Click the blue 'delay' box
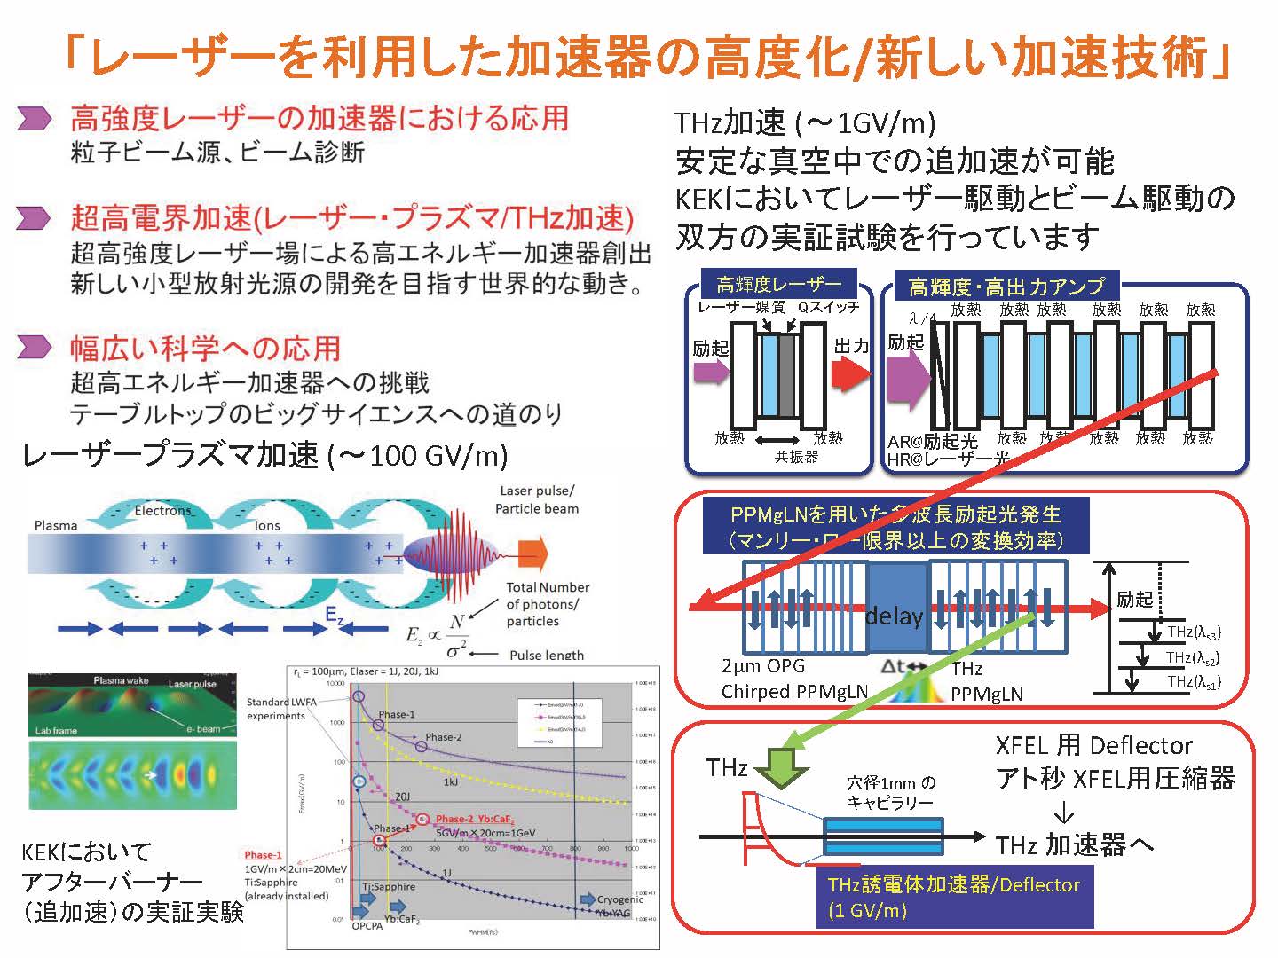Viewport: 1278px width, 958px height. [x=894, y=614]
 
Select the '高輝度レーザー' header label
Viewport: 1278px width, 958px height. [x=778, y=285]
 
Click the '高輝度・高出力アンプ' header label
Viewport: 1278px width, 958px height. [x=1006, y=287]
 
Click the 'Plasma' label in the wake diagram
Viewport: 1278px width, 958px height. [x=56, y=525]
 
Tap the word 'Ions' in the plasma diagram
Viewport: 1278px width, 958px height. [x=267, y=525]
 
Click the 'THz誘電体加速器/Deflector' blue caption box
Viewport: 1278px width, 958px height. [x=953, y=897]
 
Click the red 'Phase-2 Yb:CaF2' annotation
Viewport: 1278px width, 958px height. [x=475, y=819]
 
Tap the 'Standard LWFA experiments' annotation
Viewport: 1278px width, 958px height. [x=275, y=709]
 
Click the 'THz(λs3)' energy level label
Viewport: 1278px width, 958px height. [x=1194, y=632]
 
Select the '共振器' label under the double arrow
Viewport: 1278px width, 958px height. [x=796, y=457]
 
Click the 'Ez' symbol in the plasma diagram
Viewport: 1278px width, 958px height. [x=334, y=615]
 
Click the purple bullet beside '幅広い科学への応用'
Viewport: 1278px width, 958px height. [x=35, y=347]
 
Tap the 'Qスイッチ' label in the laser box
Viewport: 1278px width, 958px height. [x=827, y=308]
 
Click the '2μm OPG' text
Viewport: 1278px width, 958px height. [x=763, y=665]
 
